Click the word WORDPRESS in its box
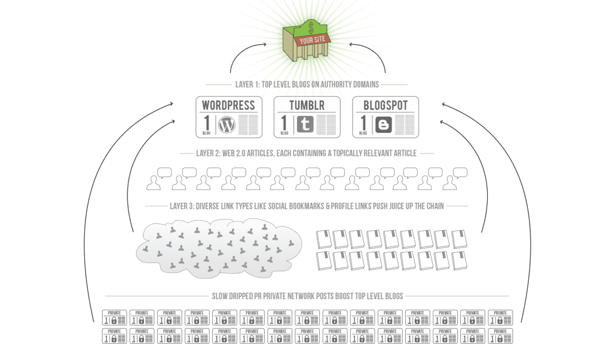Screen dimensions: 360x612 tap(229, 105)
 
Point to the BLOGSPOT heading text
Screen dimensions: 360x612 tap(385, 105)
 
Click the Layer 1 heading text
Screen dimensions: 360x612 tap(306, 85)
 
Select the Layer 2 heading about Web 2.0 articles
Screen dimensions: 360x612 tap(306, 153)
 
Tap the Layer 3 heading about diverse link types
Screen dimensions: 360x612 tap(306, 206)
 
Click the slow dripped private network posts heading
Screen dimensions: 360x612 tap(306, 296)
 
